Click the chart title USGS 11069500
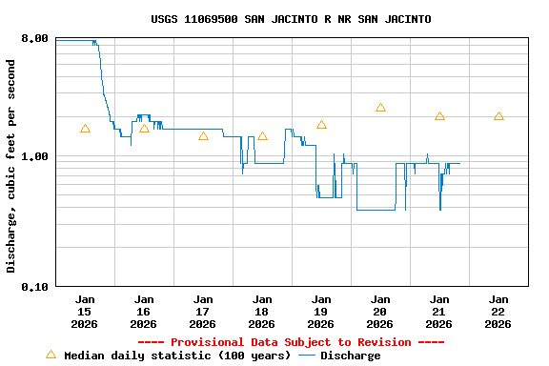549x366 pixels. coord(291,19)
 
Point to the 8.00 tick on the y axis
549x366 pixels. coord(34,38)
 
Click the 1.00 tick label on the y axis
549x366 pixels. coord(34,156)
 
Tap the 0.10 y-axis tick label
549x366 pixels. coord(34,286)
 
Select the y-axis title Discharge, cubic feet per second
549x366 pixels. coord(11,166)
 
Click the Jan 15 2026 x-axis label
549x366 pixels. coord(85,311)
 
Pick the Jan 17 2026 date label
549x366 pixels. coord(203,311)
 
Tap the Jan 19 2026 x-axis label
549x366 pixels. coord(321,311)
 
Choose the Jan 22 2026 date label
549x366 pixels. coord(498,311)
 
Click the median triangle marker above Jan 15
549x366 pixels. coord(85,129)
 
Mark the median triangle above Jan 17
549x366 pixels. coord(203,136)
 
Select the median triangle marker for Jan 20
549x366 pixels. coord(380,108)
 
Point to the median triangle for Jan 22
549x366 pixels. coord(498,116)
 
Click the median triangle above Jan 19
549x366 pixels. coord(321,125)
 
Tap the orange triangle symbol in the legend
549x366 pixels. coord(51,355)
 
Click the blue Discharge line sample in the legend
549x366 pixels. coord(307,356)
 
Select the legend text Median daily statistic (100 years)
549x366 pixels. coord(177,356)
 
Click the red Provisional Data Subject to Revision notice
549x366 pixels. coord(291,342)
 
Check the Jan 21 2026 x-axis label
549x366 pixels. coord(439,311)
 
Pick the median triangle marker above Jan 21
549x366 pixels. coord(439,116)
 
